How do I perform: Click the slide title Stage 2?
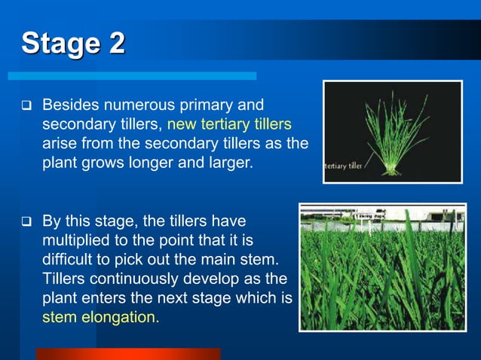[73, 44]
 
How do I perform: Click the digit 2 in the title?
[116, 44]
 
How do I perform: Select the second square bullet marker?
[25, 222]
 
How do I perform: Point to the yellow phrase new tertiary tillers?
[229, 123]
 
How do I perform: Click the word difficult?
[68, 260]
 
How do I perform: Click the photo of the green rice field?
[382, 267]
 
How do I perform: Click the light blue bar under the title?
[132, 76]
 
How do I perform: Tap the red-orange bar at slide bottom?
[128, 354]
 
